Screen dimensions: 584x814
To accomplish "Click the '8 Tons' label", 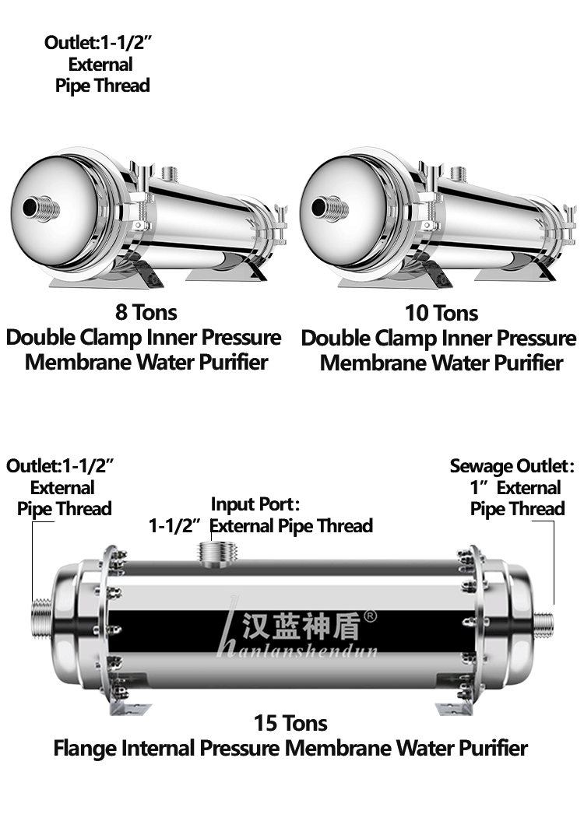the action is tap(146, 313).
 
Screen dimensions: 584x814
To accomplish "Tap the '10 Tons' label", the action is tap(442, 313).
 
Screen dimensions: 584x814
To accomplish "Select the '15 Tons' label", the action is tap(290, 723).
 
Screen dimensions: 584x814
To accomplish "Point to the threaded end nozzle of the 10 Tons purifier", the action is tap(330, 209).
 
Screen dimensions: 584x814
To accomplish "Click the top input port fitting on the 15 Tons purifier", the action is tap(218, 553).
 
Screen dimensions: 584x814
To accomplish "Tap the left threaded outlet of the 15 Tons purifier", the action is tap(42, 619).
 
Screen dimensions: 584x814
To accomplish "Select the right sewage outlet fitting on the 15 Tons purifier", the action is tap(544, 625).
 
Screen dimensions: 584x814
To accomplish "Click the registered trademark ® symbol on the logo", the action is tap(370, 616).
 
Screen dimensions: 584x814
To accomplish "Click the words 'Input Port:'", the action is tap(255, 504).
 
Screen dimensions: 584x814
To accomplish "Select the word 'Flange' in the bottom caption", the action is tap(85, 749).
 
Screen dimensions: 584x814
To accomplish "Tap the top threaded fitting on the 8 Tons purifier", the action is tap(171, 174).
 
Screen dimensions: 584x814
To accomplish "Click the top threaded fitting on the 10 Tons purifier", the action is tap(459, 174).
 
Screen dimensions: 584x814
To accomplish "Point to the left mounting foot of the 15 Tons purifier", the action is tap(128, 709).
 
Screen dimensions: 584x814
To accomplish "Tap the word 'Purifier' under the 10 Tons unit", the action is tap(528, 363).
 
